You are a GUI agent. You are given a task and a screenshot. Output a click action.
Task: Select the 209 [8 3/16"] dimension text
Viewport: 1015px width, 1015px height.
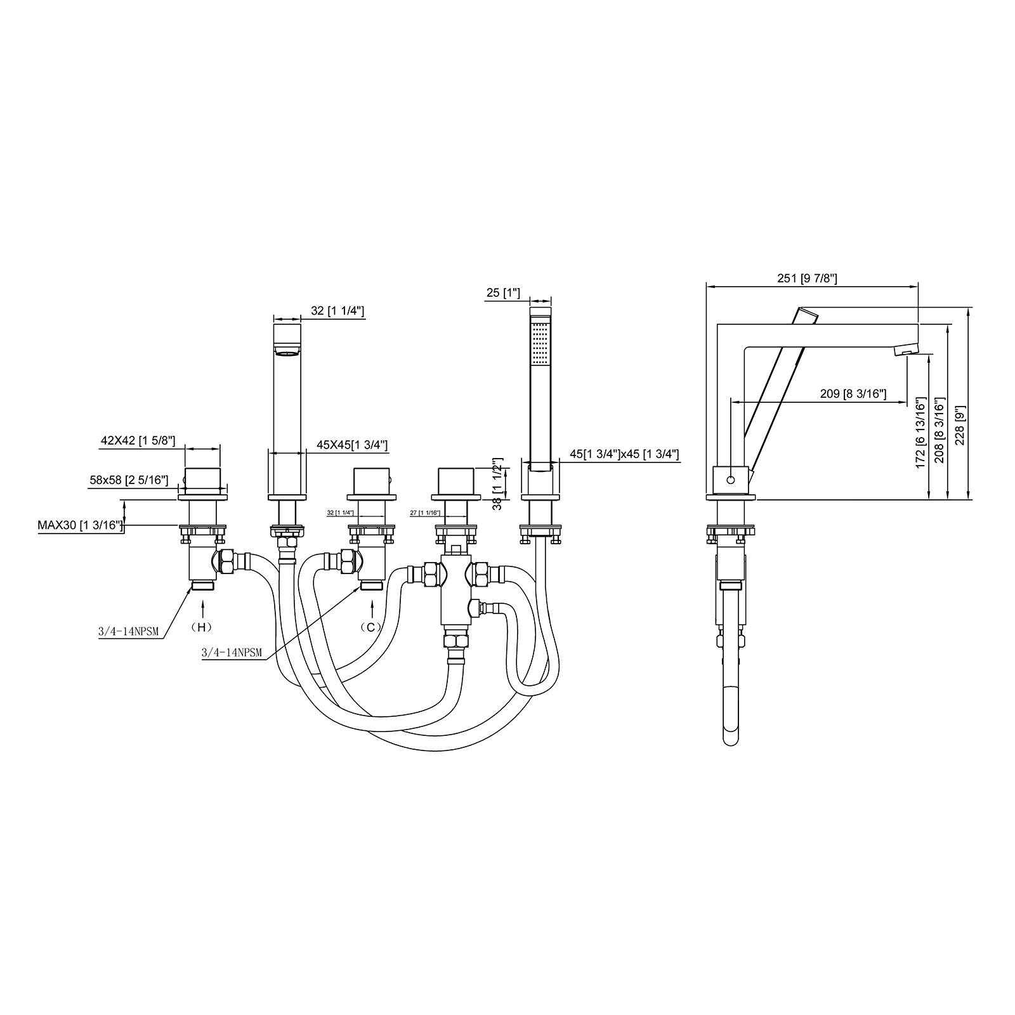(x=853, y=394)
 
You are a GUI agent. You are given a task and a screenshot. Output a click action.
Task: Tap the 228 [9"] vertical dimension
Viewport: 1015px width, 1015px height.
(x=960, y=426)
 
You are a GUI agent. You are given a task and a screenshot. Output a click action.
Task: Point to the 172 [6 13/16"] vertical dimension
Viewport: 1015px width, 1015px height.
(x=921, y=432)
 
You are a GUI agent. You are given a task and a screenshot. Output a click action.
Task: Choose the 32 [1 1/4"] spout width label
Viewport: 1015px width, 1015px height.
(x=337, y=311)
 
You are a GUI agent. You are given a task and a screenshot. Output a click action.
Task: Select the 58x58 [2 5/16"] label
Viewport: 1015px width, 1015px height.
(x=129, y=480)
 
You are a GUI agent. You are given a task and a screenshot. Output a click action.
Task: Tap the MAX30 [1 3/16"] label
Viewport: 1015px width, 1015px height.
(x=81, y=525)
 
